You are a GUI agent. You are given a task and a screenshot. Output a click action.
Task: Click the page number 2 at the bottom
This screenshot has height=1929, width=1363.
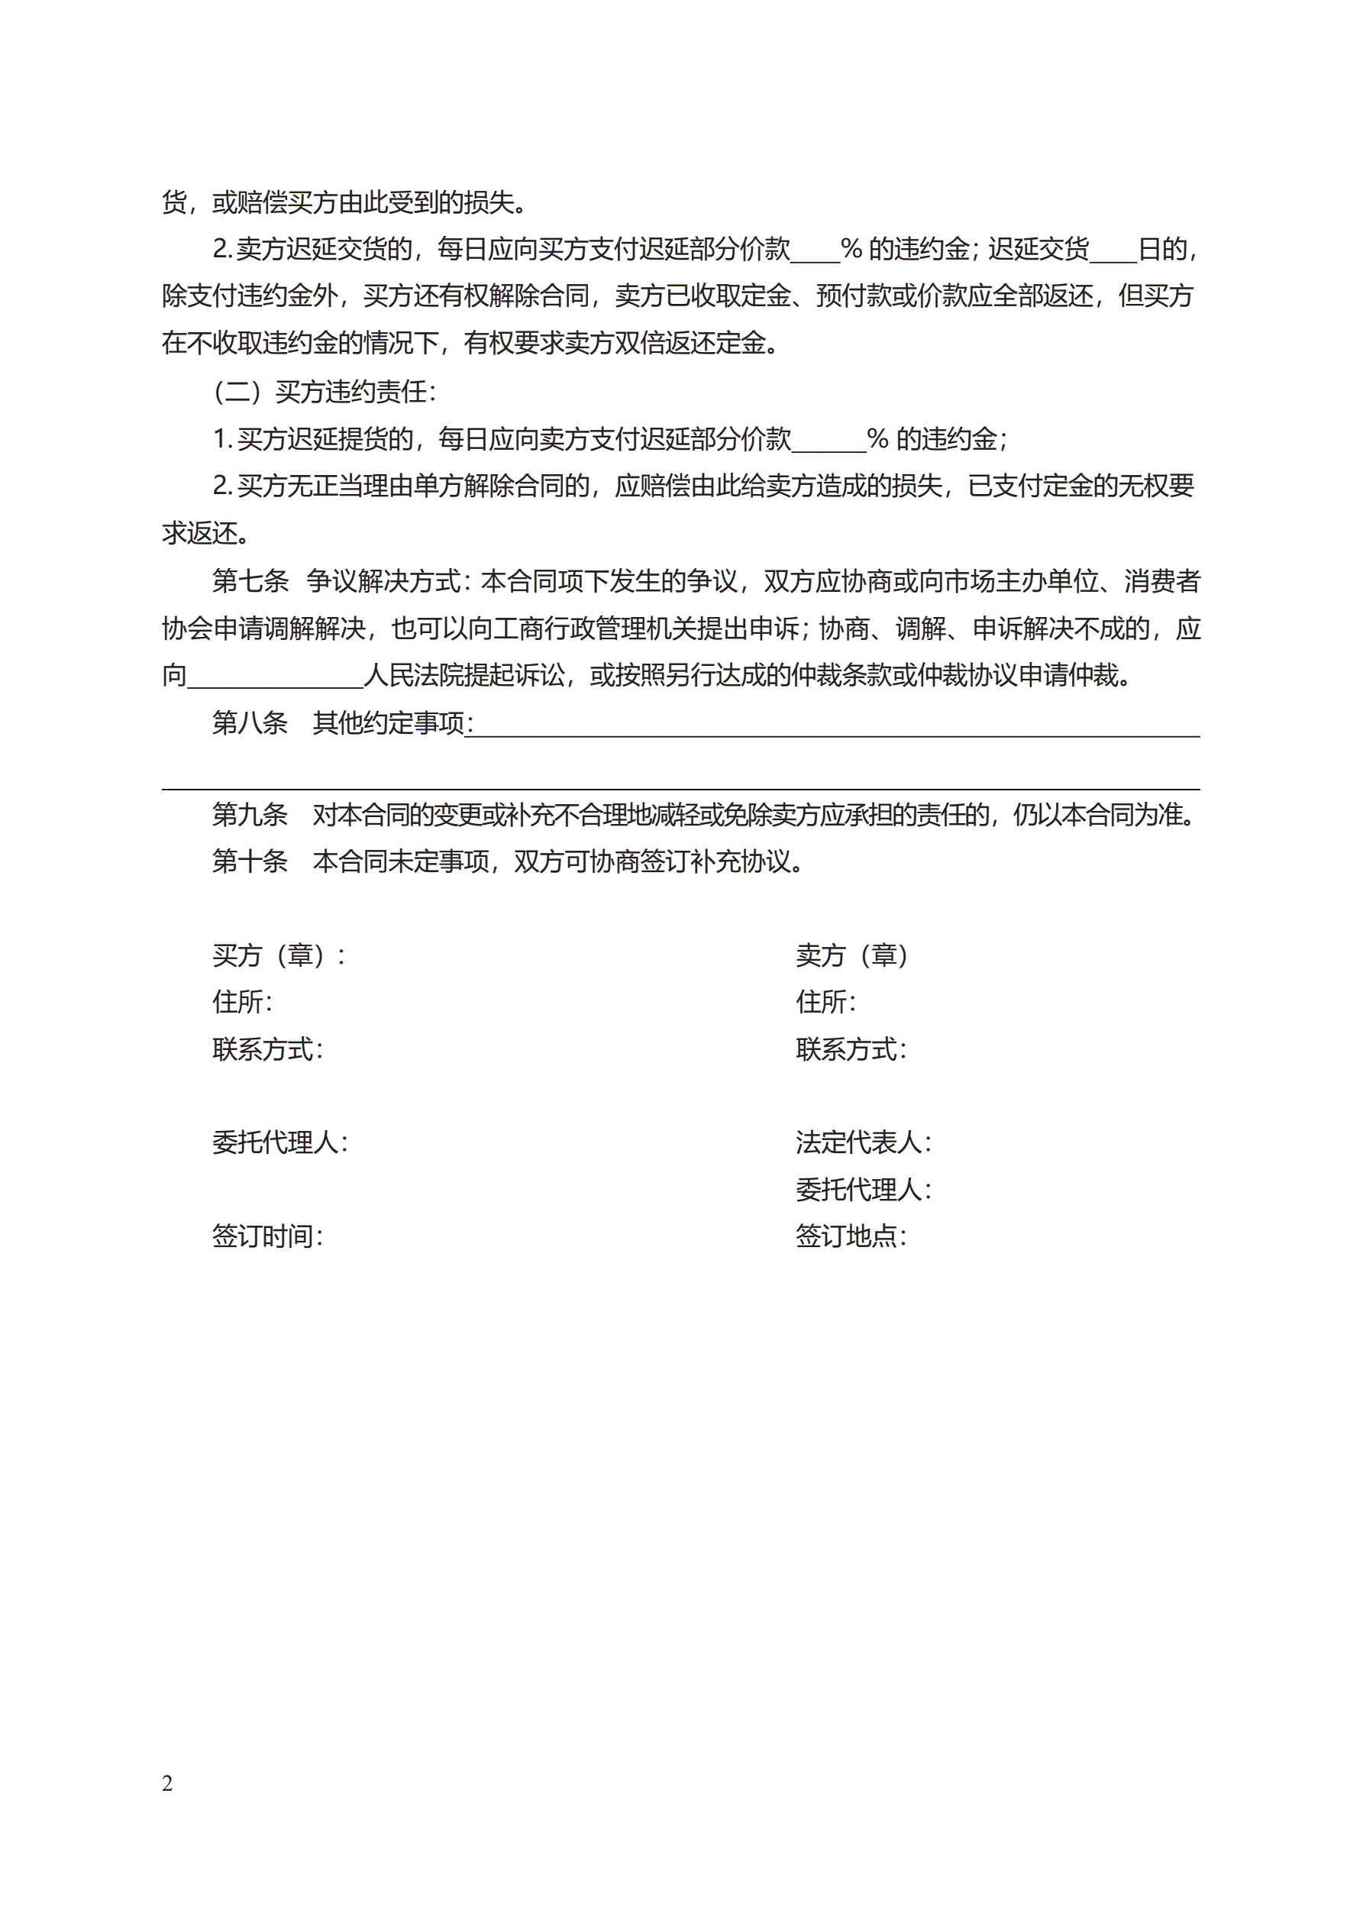(167, 1783)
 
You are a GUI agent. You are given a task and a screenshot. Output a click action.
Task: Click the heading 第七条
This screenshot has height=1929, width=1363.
(250, 580)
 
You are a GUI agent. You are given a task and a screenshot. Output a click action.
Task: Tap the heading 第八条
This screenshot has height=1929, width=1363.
(250, 722)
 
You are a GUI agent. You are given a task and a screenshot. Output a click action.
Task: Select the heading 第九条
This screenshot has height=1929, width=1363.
(250, 814)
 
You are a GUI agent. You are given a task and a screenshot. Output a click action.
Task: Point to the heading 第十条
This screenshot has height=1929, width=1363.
(250, 861)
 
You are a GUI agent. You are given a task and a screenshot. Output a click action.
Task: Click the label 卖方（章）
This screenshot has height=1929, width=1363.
(851, 955)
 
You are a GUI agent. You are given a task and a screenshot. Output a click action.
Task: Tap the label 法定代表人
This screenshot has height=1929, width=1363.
(862, 1142)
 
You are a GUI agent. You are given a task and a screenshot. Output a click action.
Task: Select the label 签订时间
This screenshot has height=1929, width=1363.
(266, 1236)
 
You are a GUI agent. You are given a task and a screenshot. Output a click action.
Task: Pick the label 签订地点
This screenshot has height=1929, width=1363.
(851, 1236)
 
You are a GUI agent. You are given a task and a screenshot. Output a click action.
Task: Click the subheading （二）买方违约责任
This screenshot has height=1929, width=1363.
(325, 392)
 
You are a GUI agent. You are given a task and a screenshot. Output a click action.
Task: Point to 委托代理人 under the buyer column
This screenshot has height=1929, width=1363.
(279, 1142)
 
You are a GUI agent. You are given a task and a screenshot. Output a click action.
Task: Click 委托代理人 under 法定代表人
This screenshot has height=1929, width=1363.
(862, 1190)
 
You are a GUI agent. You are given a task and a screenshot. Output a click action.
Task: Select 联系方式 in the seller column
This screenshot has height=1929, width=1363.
(851, 1049)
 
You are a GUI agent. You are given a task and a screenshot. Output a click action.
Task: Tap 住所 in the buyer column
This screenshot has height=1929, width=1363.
(241, 1003)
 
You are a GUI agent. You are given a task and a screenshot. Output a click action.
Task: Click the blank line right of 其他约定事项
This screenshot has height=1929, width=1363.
(836, 728)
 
